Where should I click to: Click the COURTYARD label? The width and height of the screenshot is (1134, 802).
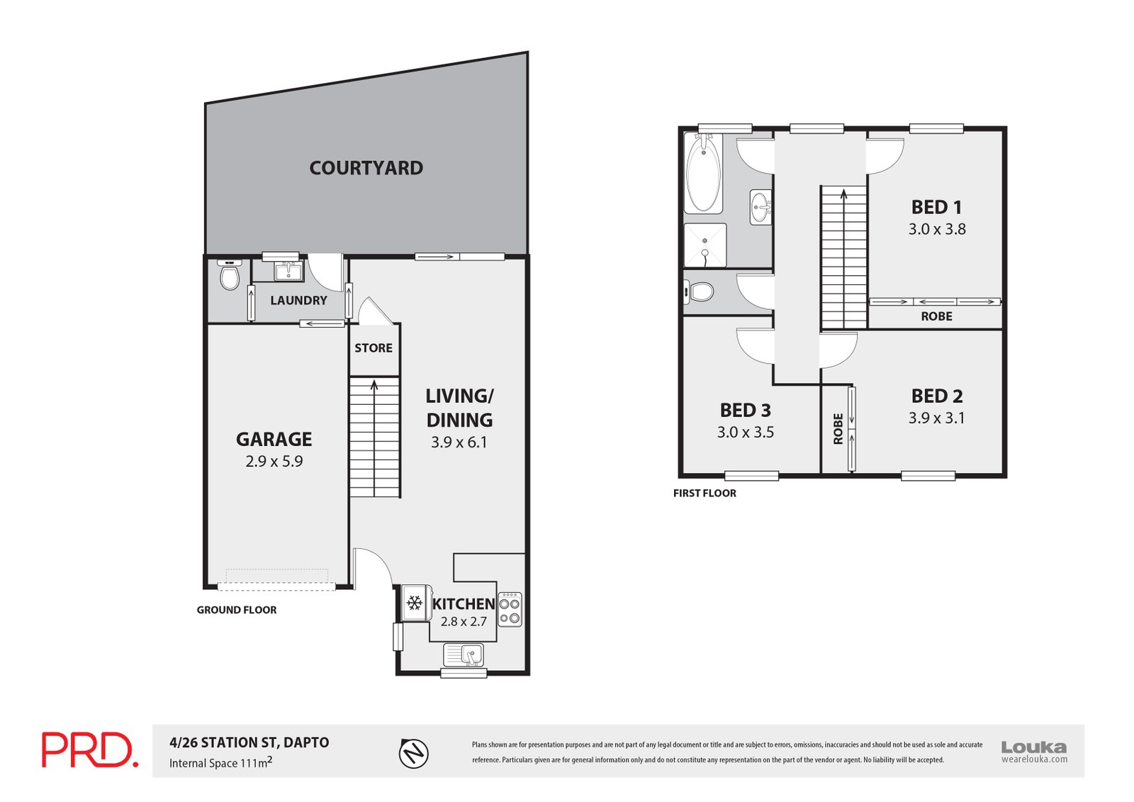[x=366, y=168]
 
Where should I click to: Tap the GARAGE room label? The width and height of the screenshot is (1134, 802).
[x=274, y=439]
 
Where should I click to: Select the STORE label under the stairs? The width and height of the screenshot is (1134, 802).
[x=374, y=348]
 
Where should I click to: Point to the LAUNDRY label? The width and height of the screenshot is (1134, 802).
[x=298, y=301]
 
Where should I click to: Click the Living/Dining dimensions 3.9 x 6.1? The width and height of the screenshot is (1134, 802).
[x=459, y=442]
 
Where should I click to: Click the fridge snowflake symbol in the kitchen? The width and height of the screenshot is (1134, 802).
[x=415, y=603]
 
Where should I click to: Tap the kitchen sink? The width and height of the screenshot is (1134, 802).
[x=464, y=654]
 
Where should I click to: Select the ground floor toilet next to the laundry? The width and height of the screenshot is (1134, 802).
[x=230, y=276]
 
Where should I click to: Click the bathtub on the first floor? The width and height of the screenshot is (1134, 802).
[x=703, y=173]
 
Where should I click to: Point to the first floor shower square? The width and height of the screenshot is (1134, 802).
[x=705, y=245]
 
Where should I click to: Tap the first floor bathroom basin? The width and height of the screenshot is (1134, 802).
[x=760, y=207]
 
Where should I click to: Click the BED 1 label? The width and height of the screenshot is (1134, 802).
[x=936, y=207]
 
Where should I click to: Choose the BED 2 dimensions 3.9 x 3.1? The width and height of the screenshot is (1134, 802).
[x=936, y=418]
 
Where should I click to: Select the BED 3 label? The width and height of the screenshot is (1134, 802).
[x=745, y=411]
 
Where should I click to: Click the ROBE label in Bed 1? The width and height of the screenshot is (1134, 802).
[x=936, y=317]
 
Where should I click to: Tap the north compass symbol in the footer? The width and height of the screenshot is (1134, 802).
[x=414, y=752]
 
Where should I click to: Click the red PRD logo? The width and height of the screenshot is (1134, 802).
[x=89, y=750]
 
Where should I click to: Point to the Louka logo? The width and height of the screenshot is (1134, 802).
[x=1033, y=751]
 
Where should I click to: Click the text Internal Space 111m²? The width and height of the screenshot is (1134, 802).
[x=220, y=763]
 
